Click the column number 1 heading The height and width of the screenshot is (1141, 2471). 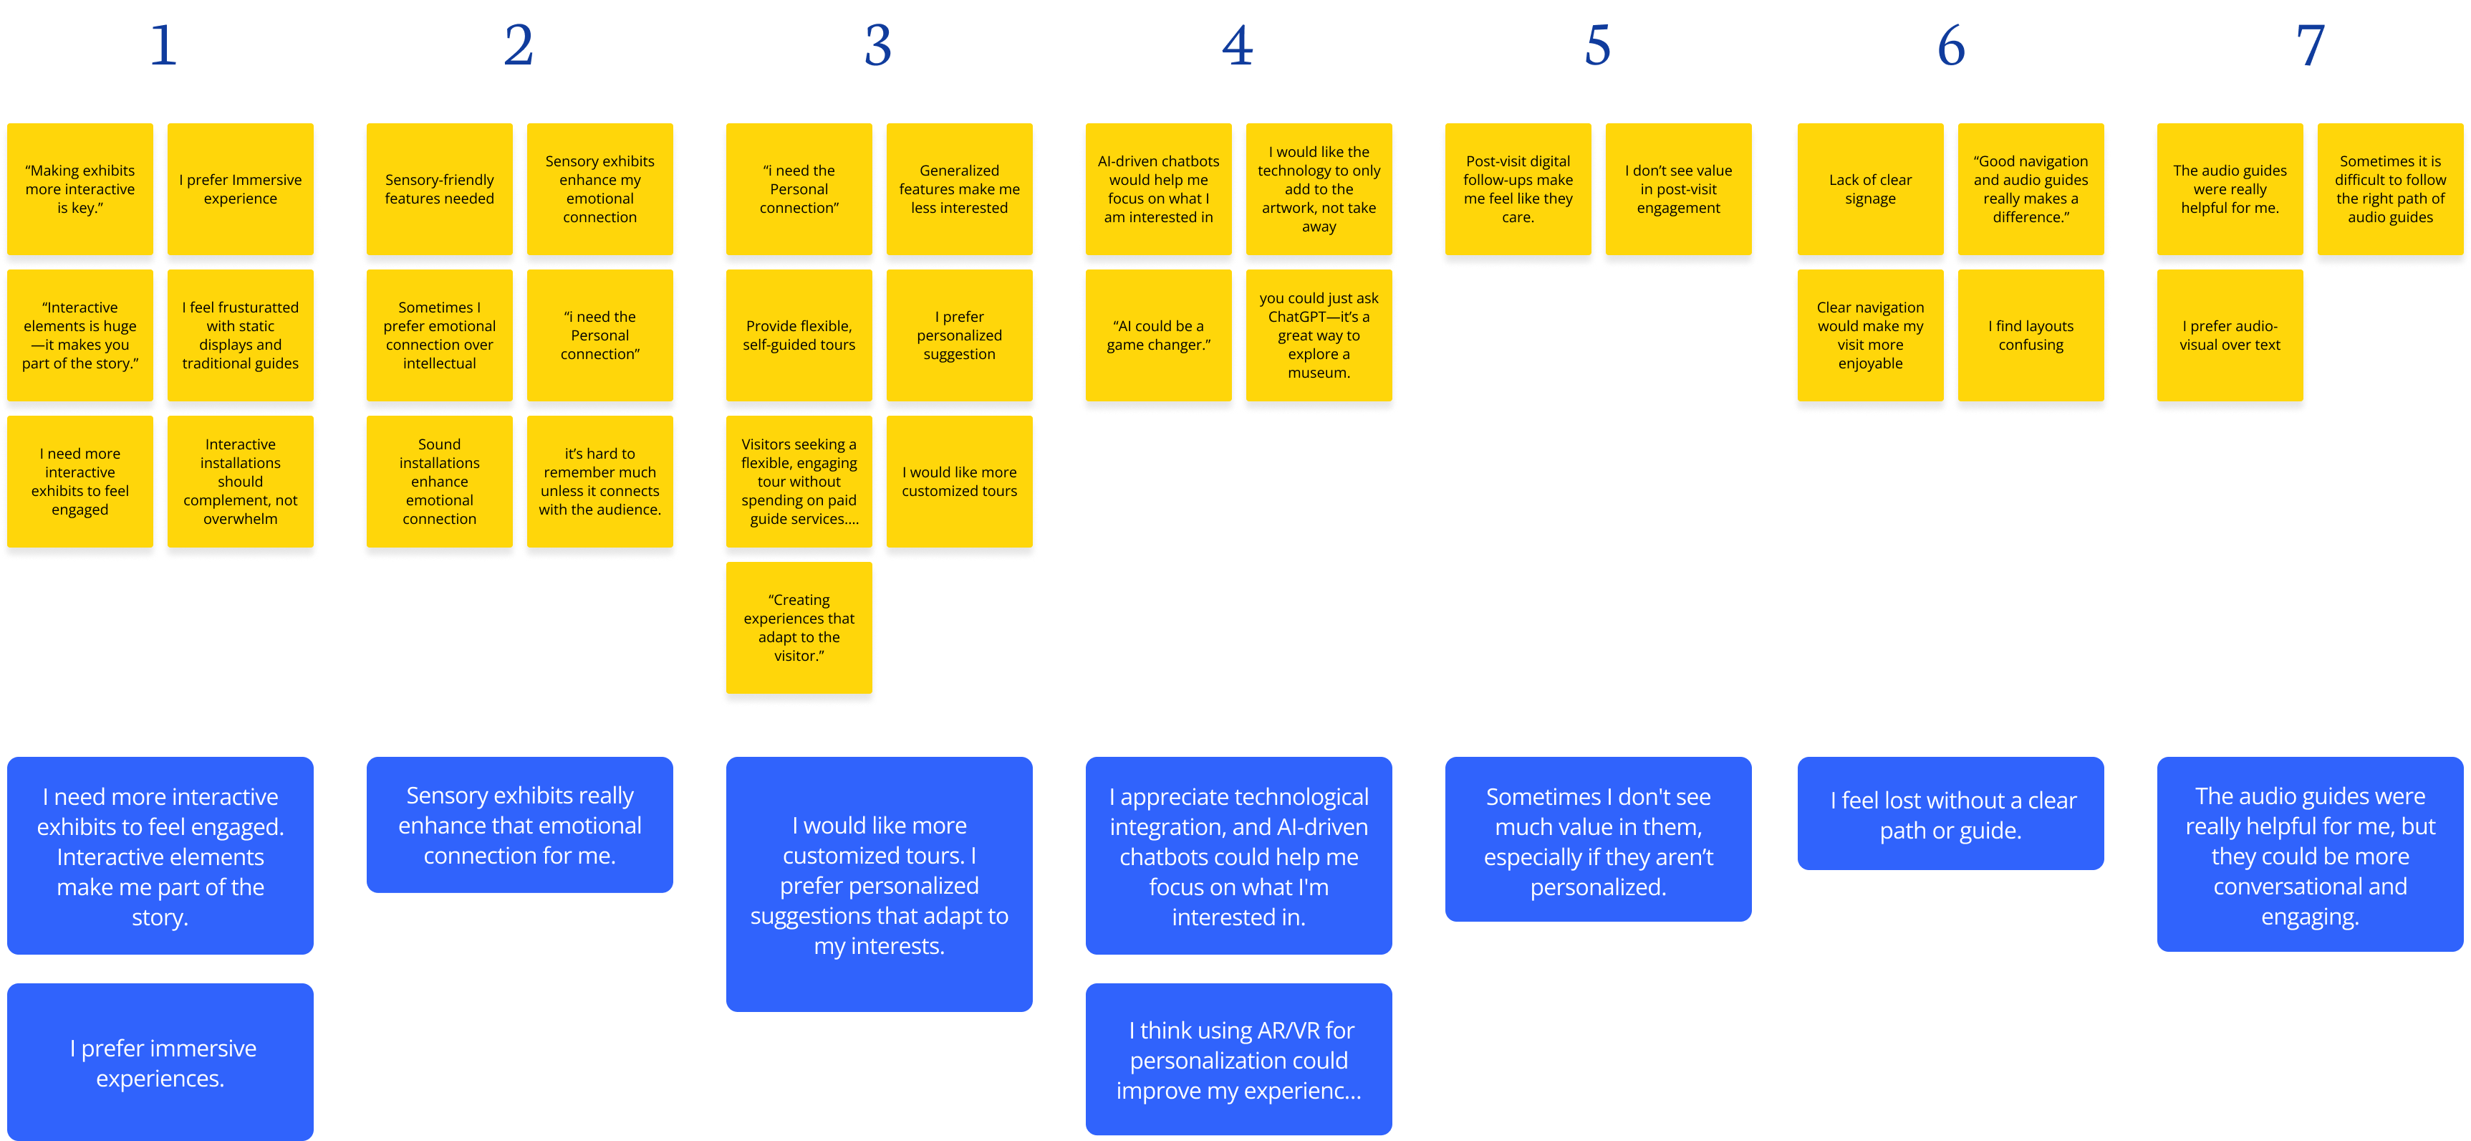163,45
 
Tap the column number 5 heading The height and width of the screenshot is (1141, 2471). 1597,45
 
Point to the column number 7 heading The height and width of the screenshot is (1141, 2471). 2310,45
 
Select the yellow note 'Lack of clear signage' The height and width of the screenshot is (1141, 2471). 1869,189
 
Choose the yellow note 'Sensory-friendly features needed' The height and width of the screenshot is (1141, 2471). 439,189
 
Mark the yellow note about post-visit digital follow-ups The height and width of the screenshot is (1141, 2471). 1518,189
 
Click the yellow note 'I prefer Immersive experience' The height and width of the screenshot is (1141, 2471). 240,189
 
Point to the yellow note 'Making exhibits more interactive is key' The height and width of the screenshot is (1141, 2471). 80,189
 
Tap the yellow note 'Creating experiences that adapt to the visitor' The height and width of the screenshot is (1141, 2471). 798,628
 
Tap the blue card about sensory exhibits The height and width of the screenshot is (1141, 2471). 519,824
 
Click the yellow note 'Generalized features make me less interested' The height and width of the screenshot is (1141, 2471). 958,189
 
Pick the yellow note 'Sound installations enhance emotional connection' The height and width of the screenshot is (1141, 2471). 439,481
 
